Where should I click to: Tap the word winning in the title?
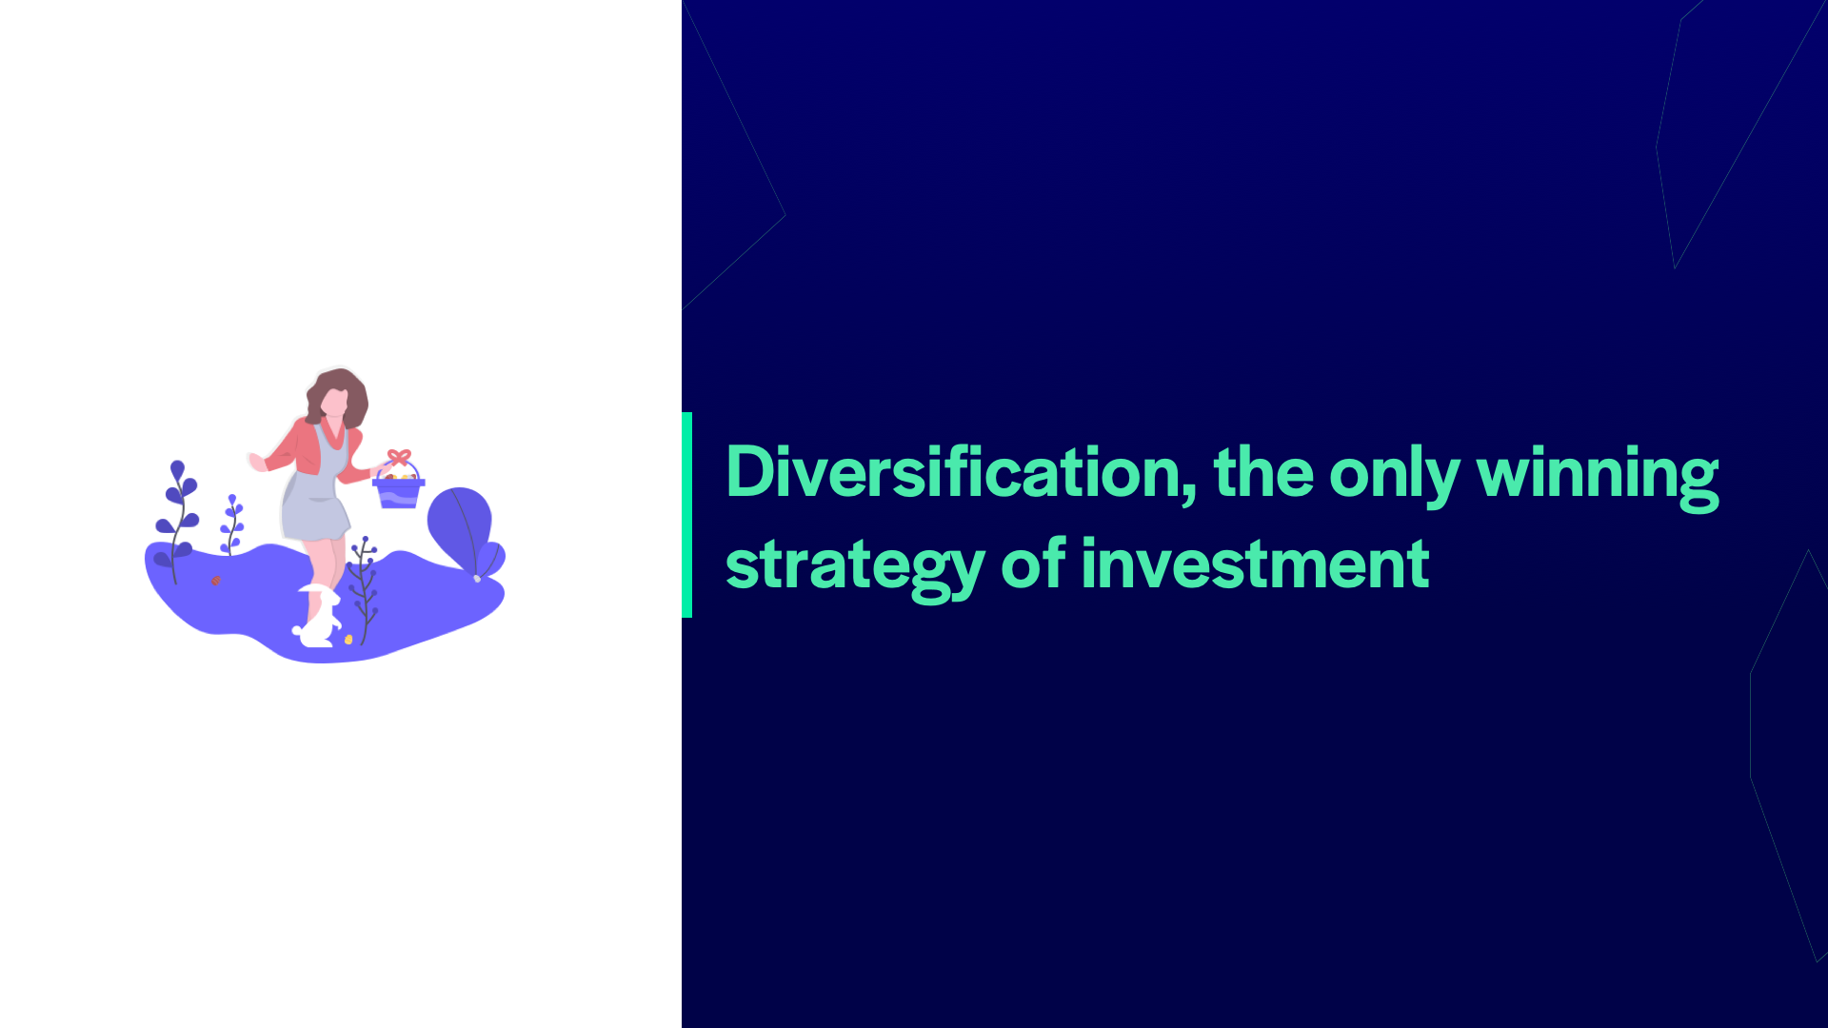(1598, 476)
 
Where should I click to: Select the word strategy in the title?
(855, 567)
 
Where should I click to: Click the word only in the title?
(1394, 476)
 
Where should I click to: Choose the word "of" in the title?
(1033, 563)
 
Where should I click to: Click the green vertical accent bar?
(687, 515)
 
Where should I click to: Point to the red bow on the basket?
(399, 457)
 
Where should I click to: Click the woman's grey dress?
(317, 495)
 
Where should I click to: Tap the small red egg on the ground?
(216, 581)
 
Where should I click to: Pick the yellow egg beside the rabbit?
(348, 640)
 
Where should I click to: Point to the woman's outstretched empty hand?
(257, 463)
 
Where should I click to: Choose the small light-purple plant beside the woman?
(231, 524)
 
